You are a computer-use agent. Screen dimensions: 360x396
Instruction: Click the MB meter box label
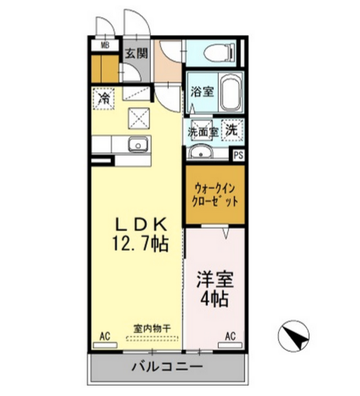pyautogui.click(x=105, y=45)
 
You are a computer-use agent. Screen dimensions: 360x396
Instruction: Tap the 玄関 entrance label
pyautogui.click(x=137, y=53)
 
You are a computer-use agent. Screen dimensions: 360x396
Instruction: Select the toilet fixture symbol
pyautogui.click(x=219, y=53)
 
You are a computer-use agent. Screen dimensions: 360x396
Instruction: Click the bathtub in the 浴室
pyautogui.click(x=230, y=92)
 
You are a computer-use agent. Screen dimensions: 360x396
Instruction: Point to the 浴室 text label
pyautogui.click(x=202, y=91)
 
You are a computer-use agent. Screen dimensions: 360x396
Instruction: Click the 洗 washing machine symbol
pyautogui.click(x=232, y=130)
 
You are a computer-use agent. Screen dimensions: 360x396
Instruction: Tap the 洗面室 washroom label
pyautogui.click(x=203, y=132)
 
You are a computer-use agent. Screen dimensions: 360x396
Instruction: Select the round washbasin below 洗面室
pyautogui.click(x=201, y=152)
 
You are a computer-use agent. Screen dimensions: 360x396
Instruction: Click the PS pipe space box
pyautogui.click(x=238, y=155)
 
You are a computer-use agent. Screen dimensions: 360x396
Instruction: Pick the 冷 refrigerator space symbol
pyautogui.click(x=104, y=98)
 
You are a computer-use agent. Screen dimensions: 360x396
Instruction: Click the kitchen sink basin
pyautogui.click(x=138, y=144)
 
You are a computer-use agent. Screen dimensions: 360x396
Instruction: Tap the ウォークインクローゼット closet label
pyautogui.click(x=215, y=194)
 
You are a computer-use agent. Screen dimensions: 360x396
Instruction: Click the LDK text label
pyautogui.click(x=141, y=224)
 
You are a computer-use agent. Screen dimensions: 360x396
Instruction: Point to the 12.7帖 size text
pyautogui.click(x=141, y=244)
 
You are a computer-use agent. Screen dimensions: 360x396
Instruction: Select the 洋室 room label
pyautogui.click(x=215, y=280)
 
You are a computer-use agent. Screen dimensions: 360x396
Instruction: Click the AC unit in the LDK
pyautogui.click(x=105, y=345)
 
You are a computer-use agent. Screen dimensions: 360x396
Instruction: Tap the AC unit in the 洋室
pyautogui.click(x=230, y=345)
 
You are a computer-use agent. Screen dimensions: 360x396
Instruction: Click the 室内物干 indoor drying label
pyautogui.click(x=152, y=329)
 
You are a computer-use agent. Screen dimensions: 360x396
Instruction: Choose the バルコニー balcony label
pyautogui.click(x=167, y=367)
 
